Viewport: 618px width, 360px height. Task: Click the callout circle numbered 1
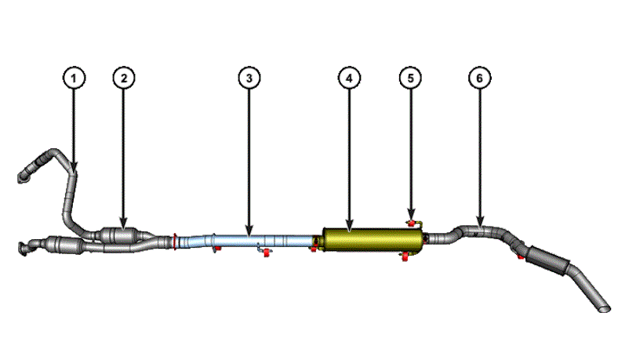coord(74,78)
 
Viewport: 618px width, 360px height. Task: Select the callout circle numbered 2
coord(124,78)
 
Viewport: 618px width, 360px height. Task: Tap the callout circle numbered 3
coord(249,78)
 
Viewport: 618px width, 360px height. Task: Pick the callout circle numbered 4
coord(349,78)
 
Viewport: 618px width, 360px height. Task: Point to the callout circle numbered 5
coord(411,78)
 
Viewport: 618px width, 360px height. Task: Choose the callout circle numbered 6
coord(480,78)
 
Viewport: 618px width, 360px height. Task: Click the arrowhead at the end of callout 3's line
coord(249,232)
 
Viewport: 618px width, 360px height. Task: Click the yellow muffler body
coord(373,240)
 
